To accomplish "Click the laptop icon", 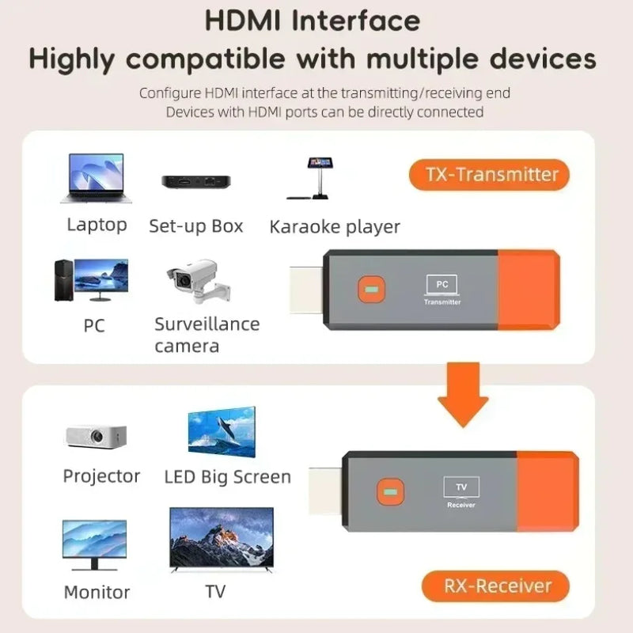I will [x=93, y=179].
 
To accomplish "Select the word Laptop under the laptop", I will [x=97, y=225].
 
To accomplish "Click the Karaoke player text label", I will [x=335, y=227].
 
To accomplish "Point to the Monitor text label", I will [x=97, y=592].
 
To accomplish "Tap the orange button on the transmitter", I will [x=367, y=289].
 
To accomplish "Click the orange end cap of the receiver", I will [x=547, y=491].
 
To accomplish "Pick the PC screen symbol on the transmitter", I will [x=442, y=284].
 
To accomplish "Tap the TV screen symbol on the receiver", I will [x=461, y=487].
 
